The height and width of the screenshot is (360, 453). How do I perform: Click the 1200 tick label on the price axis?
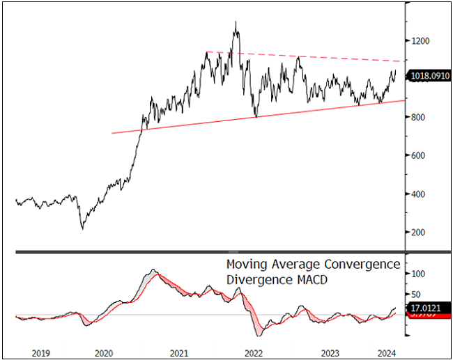click(421, 41)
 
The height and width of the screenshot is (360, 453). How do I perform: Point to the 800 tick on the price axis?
click(419, 118)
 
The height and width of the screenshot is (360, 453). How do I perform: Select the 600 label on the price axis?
click(419, 156)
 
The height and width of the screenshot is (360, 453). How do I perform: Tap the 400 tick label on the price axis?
click(419, 194)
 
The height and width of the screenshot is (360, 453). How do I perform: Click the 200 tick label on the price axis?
click(419, 233)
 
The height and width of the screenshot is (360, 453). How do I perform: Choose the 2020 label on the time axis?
click(104, 352)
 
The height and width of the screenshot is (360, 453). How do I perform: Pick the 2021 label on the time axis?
click(179, 352)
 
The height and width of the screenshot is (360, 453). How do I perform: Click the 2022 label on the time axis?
click(254, 352)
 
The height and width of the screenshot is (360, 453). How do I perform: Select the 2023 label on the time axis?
click(328, 352)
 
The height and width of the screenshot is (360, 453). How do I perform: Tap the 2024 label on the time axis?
click(388, 352)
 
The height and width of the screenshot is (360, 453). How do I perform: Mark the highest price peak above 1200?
click(236, 22)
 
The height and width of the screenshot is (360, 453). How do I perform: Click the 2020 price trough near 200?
click(82, 228)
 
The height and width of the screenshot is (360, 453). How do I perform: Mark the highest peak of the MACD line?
click(153, 269)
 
